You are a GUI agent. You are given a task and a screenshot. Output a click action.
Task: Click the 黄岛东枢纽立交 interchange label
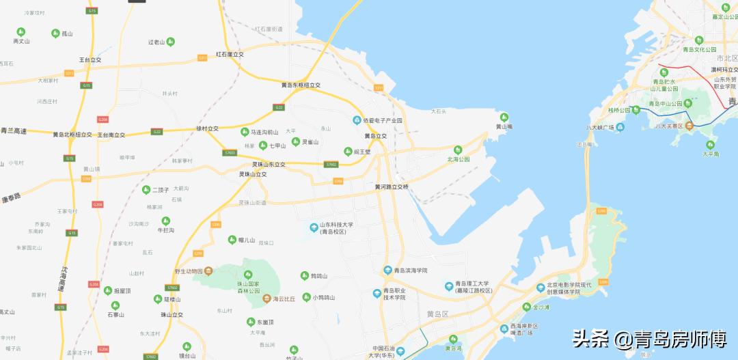(x=301, y=85)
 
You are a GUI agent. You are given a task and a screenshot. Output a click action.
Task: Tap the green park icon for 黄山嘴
(x=504, y=117)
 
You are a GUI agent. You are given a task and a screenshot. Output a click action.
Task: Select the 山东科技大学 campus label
(x=333, y=229)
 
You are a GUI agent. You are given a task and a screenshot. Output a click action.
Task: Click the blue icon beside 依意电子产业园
(x=357, y=121)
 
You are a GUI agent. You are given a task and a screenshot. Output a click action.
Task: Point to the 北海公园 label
(x=459, y=159)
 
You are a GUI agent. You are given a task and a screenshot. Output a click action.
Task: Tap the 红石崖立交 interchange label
(x=230, y=54)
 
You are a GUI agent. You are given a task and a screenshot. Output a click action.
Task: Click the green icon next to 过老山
(x=170, y=42)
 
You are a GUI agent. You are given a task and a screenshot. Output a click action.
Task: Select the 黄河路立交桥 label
(x=392, y=186)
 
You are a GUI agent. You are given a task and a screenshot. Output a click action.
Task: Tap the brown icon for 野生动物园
(x=207, y=271)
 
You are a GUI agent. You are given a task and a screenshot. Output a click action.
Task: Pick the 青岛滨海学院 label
(x=410, y=271)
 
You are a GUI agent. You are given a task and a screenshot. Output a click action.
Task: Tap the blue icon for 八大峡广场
(x=620, y=127)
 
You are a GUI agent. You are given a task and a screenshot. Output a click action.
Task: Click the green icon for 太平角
(x=709, y=145)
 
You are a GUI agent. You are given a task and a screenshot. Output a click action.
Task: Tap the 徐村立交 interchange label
(x=208, y=128)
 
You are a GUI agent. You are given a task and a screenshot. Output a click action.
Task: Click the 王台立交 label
(x=90, y=59)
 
